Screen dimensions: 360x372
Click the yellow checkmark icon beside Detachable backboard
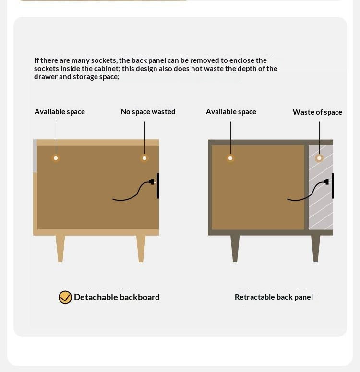(65, 297)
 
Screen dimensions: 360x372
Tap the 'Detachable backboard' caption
(117, 297)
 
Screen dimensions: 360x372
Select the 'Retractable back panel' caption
(274, 297)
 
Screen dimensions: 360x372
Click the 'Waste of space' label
(317, 112)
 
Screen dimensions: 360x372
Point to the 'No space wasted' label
(148, 111)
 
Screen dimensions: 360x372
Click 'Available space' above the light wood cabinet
(60, 111)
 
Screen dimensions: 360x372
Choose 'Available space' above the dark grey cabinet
(231, 111)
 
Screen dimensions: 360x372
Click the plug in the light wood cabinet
(153, 182)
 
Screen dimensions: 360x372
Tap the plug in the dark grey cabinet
(326, 182)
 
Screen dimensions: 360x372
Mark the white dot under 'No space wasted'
(144, 158)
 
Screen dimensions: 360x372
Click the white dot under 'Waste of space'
(319, 158)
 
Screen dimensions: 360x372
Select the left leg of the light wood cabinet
(60, 249)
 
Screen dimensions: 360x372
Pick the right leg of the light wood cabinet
(141, 249)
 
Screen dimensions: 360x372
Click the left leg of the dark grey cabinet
(235, 249)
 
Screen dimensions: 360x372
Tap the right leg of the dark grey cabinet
(316, 249)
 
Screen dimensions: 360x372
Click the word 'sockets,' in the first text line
(104, 60)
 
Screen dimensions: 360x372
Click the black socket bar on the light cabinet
(158, 186)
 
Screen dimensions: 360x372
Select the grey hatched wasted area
(321, 187)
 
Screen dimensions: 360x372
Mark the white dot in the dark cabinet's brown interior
(230, 158)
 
